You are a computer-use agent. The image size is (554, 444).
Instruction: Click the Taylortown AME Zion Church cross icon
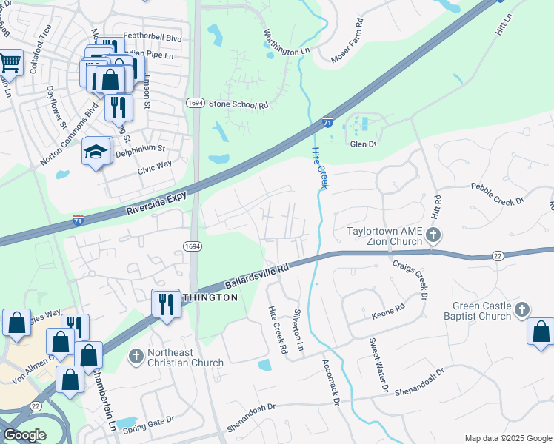434,236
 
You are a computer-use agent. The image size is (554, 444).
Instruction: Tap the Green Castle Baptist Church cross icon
523,309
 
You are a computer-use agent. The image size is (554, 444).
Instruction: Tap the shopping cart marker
10,64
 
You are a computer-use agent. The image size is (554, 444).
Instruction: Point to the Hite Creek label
319,166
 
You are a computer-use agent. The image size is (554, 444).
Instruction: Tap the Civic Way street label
155,167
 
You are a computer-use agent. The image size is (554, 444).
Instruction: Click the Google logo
24,435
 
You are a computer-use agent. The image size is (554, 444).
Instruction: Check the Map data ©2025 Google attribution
507,438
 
